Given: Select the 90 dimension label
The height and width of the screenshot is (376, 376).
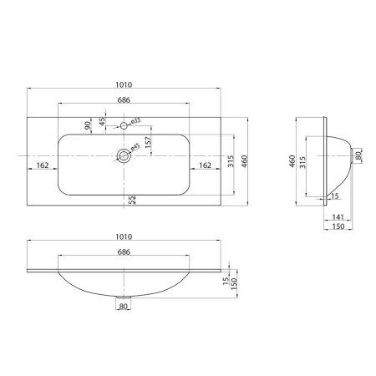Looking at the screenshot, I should tap(87, 127).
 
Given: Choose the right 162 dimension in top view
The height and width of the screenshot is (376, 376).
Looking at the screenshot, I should tap(202, 165).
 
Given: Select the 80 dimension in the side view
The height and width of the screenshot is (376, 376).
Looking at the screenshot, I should tap(358, 155).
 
